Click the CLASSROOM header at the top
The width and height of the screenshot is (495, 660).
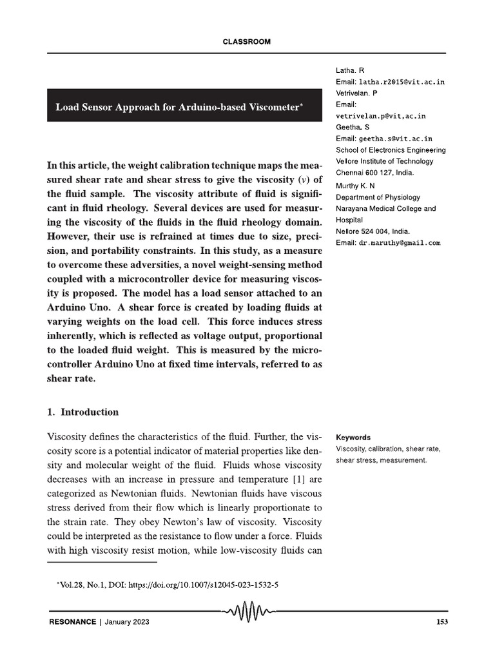pos(246,42)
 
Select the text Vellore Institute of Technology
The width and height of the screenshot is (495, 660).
pos(385,161)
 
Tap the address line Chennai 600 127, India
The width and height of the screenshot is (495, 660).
pos(375,173)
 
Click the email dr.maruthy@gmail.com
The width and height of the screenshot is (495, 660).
pos(400,243)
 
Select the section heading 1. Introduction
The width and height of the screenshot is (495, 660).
pos(83,412)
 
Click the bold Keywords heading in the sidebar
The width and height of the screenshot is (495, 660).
pos(353,437)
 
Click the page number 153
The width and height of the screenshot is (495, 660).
pos(442,622)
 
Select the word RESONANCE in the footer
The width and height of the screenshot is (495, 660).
pos(72,622)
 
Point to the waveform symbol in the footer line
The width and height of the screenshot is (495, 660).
pos(247,609)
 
